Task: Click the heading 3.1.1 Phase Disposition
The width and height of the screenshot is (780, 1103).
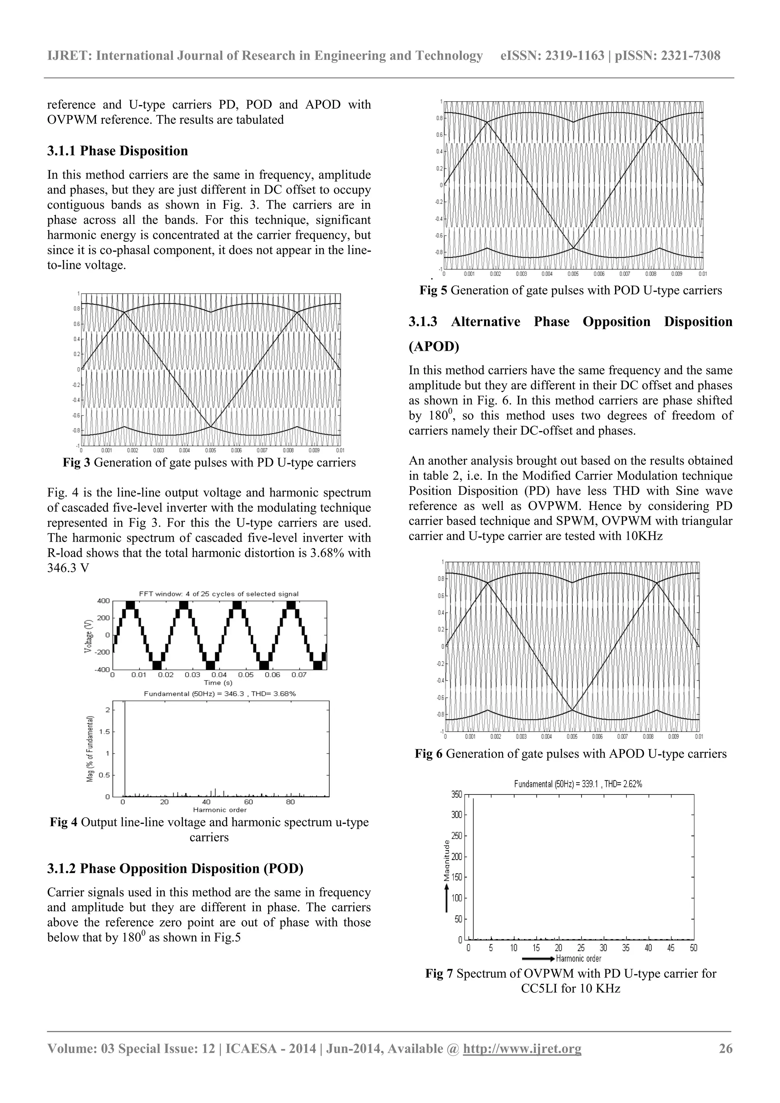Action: (x=117, y=151)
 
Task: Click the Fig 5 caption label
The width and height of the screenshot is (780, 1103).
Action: (x=433, y=290)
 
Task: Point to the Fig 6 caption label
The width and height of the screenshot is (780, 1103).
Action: (x=428, y=754)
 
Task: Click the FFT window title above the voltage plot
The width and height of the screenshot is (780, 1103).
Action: (x=219, y=594)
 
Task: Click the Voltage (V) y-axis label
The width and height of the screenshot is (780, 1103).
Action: (x=88, y=635)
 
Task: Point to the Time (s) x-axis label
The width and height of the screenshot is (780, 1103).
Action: (x=218, y=682)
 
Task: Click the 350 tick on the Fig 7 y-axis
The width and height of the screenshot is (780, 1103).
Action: (x=456, y=794)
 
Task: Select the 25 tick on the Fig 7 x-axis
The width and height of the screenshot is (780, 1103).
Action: (x=581, y=948)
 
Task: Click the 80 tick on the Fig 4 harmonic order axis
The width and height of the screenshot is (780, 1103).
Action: (x=290, y=802)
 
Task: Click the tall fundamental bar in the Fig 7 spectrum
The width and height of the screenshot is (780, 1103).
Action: (x=473, y=865)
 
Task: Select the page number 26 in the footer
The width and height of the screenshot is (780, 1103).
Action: (x=725, y=1048)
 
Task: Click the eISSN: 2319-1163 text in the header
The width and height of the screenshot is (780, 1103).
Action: (x=552, y=56)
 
